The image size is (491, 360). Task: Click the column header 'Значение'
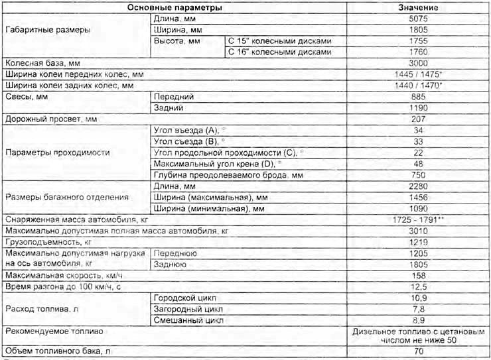[417, 7]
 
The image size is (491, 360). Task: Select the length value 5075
[417, 19]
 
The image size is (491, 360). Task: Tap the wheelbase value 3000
[417, 62]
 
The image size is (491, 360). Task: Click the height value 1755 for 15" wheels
[417, 40]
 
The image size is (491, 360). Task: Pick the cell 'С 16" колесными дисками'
[278, 52]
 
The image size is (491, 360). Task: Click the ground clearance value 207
[417, 119]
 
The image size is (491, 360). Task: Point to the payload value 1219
[417, 241]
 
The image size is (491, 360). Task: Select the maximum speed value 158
[417, 275]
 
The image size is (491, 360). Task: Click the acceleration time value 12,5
[417, 286]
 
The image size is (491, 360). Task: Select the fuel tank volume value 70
[417, 351]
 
